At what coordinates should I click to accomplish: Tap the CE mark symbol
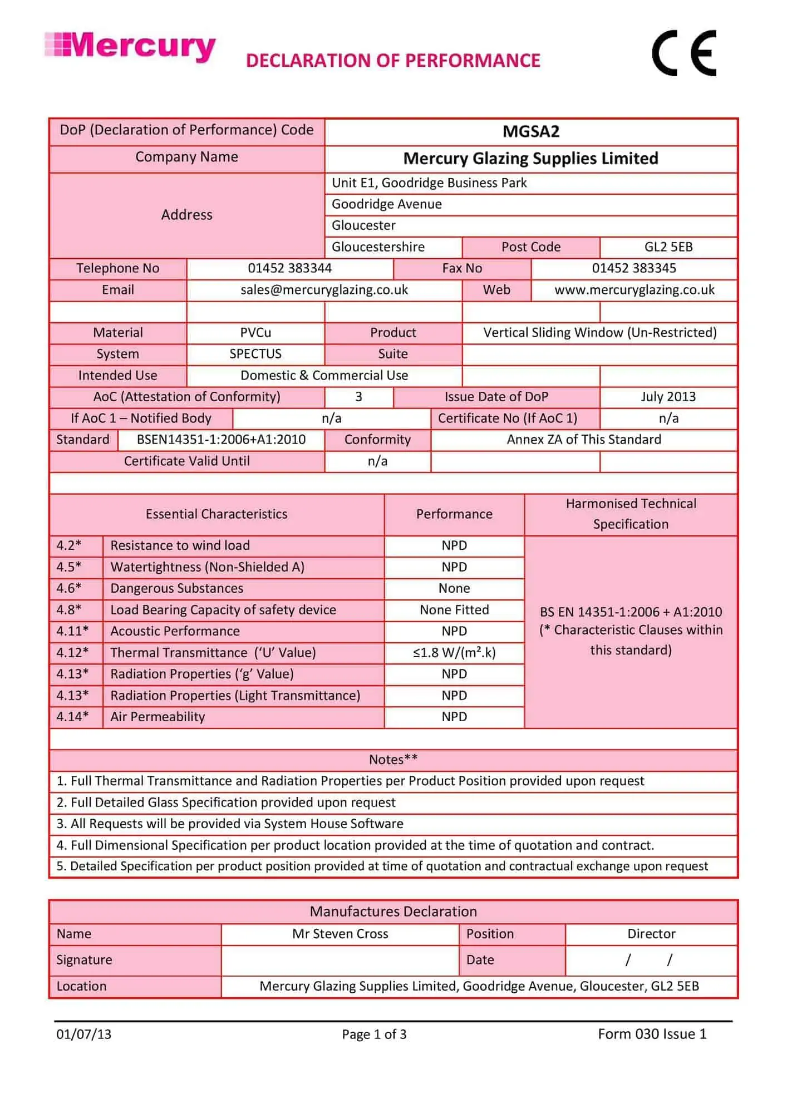coord(684,54)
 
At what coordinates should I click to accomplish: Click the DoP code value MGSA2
coord(530,132)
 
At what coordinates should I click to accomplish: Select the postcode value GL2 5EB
coord(668,247)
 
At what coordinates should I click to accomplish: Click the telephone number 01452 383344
coord(289,268)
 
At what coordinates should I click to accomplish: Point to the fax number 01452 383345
coord(633,268)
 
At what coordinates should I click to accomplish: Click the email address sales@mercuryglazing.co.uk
coord(324,290)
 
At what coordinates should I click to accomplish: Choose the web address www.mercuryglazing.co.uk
coord(634,290)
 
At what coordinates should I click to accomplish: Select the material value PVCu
coord(255,333)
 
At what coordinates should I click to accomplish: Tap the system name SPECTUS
coord(255,354)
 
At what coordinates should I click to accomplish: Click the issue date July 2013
coord(668,397)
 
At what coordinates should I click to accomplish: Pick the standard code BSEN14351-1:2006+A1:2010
coord(221,440)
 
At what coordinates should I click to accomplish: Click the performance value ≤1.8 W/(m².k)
coord(454,653)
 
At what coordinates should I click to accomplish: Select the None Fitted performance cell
coord(454,610)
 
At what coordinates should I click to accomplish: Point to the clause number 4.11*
coord(72,631)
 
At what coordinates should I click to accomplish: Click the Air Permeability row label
coord(158,717)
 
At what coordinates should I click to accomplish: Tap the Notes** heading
coord(393,760)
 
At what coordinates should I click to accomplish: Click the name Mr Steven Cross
coord(340,934)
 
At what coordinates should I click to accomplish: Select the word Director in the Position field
coord(651,934)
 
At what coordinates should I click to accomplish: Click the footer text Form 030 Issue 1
coord(652,1034)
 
